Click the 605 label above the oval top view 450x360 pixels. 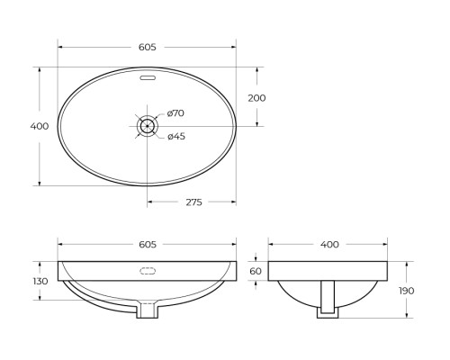tap(148, 47)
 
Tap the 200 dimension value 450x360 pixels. tap(256, 97)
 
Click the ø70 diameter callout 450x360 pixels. tap(175, 113)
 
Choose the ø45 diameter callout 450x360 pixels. tap(175, 137)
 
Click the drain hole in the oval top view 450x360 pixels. tap(148, 126)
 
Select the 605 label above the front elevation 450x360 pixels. tap(148, 244)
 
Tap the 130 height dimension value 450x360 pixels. tap(39, 281)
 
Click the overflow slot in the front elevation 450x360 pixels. tap(148, 270)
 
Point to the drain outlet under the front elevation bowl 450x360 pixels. tap(148, 310)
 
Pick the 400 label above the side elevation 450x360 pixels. tap(329, 244)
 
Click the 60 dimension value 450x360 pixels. tap(256, 271)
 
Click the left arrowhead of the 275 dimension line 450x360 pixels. tap(150, 202)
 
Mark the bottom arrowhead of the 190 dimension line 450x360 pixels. tap(407, 317)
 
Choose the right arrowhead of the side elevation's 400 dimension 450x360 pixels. tap(388, 244)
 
